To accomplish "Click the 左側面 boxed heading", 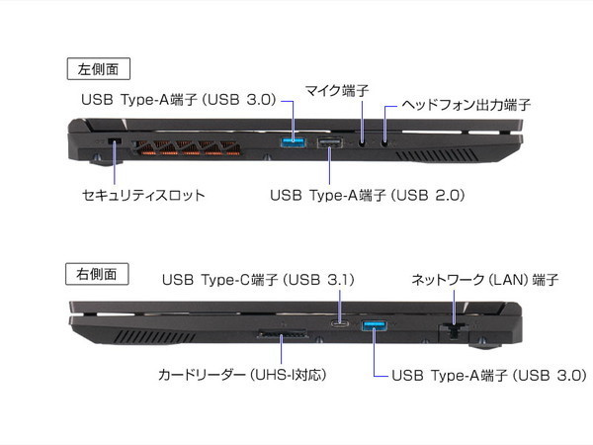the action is click(x=98, y=69).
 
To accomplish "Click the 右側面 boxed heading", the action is click(x=97, y=274).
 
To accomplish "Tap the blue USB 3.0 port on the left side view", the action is click(x=293, y=142).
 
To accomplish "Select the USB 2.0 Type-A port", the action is click(x=330, y=142).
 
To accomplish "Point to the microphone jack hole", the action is click(x=363, y=142).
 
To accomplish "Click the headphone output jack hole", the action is click(x=384, y=142).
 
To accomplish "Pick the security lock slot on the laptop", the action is click(x=115, y=141).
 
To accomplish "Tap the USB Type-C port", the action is click(x=340, y=324).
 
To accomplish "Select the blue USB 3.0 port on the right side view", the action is click(x=374, y=324).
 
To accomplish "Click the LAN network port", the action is click(x=454, y=330).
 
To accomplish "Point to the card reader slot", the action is click(x=282, y=334).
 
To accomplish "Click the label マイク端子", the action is click(x=337, y=91).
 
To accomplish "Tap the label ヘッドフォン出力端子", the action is click(x=466, y=105).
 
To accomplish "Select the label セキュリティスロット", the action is click(x=143, y=195).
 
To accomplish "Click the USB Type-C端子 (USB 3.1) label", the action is click(x=259, y=280).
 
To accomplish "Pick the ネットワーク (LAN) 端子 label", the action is click(x=485, y=280).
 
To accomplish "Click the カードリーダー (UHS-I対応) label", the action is click(x=242, y=375).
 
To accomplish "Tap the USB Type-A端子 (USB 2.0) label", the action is click(x=368, y=195).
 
